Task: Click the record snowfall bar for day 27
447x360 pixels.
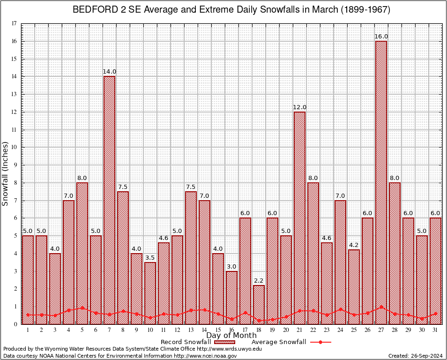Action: point(381,183)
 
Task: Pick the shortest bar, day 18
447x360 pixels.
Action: point(259,305)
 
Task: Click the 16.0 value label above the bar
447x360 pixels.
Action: point(381,37)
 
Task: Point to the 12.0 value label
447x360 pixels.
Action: point(299,107)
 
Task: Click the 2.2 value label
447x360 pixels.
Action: point(259,280)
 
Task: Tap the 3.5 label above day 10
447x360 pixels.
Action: point(150,257)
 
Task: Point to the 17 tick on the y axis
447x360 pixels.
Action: point(14,23)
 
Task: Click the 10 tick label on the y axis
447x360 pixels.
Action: point(14,147)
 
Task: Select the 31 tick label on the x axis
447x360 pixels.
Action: point(435,330)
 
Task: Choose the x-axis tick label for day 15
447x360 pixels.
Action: point(218,330)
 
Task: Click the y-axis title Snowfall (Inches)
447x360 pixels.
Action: point(6,173)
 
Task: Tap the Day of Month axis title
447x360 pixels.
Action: point(231,336)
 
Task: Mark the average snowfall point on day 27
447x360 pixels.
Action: point(381,307)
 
